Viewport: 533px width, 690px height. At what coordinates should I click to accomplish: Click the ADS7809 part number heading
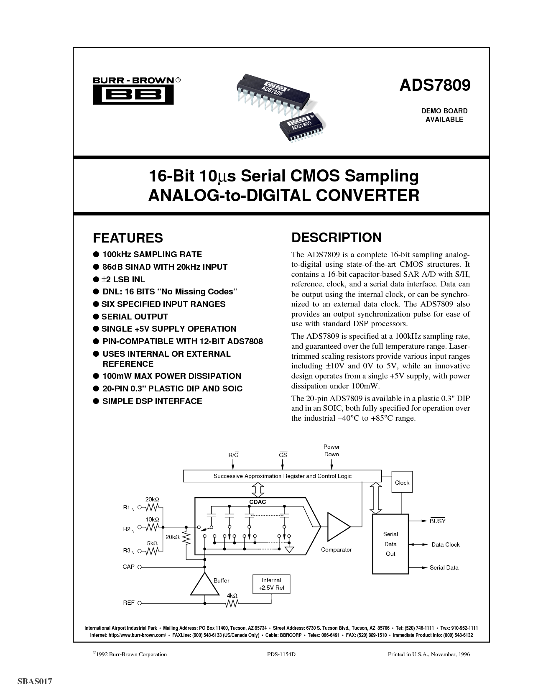[x=435, y=85]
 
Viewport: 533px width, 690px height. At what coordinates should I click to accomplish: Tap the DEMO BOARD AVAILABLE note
[x=444, y=115]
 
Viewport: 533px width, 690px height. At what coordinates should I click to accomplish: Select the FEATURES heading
[x=128, y=238]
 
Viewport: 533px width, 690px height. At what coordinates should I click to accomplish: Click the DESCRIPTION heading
[x=336, y=238]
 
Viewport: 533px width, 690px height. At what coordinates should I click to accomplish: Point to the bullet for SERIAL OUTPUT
[x=96, y=317]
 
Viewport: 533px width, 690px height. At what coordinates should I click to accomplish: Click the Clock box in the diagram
[x=402, y=483]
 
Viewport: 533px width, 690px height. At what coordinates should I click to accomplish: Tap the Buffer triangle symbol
[x=204, y=584]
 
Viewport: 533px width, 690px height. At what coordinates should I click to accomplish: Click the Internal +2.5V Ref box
[x=271, y=583]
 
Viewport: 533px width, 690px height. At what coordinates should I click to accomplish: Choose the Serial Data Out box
[x=390, y=544]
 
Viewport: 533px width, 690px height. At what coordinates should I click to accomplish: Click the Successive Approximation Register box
[x=282, y=476]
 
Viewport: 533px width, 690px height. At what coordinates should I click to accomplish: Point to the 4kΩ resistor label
[x=232, y=595]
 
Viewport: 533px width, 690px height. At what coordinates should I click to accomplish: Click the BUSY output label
[x=437, y=521]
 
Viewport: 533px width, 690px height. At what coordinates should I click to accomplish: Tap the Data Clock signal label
[x=446, y=544]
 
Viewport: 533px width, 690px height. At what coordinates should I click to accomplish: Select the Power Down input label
[x=332, y=450]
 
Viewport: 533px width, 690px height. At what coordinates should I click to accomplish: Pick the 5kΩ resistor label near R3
[x=152, y=543]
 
